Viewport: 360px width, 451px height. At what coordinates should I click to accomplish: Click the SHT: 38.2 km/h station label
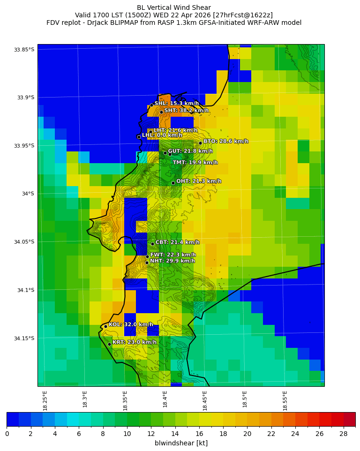coord(186,111)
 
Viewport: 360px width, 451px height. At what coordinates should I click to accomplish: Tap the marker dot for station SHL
coord(151,105)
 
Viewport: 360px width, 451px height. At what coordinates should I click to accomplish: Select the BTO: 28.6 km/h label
coord(225,141)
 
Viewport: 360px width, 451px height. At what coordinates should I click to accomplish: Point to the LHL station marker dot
coord(139,137)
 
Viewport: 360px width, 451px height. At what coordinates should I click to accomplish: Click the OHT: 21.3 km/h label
coord(198,181)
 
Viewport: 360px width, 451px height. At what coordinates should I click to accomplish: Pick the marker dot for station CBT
coord(152,244)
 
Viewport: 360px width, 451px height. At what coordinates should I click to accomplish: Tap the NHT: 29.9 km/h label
coord(172,261)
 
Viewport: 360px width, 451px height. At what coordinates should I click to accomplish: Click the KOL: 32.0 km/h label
coord(131,324)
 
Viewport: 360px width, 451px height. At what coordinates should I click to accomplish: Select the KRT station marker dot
coord(109,344)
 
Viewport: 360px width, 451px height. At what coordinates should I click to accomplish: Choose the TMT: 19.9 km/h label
coord(195,163)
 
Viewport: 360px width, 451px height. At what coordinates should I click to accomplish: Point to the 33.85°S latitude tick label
coord(24,50)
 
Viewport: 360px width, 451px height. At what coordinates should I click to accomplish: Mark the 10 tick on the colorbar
coord(127,434)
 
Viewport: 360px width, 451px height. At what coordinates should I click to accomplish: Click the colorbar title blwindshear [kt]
coord(181,443)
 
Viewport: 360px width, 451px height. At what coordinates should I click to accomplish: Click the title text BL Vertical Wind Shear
coord(174,8)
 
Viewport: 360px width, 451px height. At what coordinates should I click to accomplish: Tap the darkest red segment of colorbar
coord(349,419)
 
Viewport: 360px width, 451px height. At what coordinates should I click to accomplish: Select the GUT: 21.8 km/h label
coord(190,151)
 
